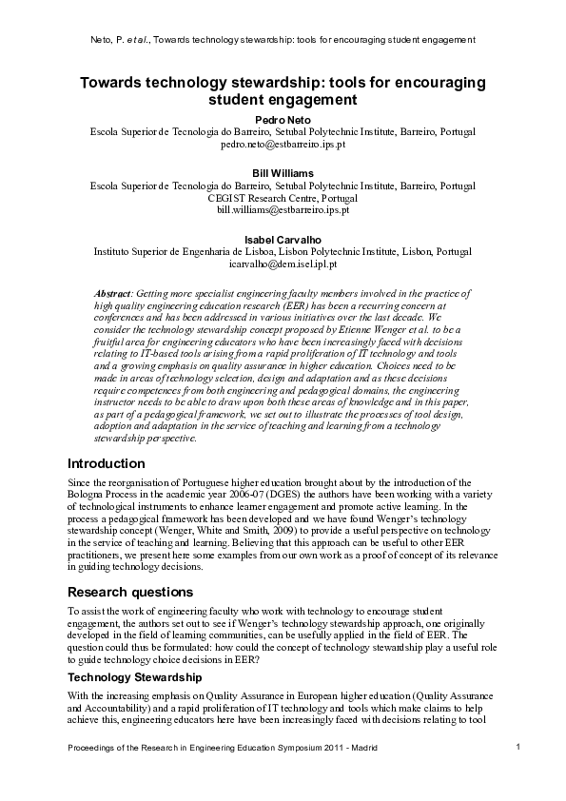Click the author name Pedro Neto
(283, 117)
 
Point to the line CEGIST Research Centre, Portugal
(283, 197)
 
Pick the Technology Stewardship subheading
(134, 676)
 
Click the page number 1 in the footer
(517, 748)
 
